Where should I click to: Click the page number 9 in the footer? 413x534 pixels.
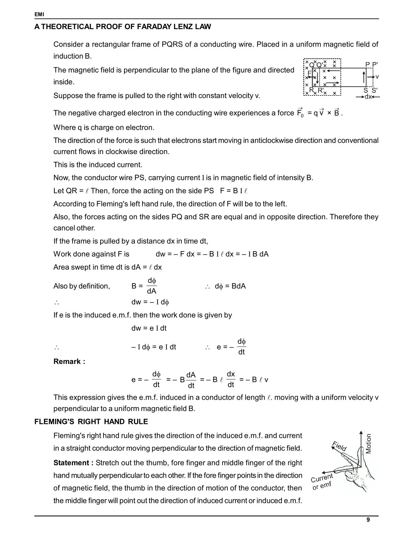click(x=368, y=520)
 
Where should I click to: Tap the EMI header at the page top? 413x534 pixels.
click(x=39, y=15)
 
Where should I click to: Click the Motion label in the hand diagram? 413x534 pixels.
click(x=369, y=444)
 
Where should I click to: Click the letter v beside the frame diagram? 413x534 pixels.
click(x=377, y=77)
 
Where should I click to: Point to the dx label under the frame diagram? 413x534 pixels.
click(x=368, y=97)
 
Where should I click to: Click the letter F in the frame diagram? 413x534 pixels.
click(x=309, y=73)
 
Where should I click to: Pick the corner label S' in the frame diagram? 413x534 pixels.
click(x=374, y=91)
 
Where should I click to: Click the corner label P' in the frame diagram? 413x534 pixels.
click(x=375, y=64)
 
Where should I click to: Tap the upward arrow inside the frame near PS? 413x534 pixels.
click(x=364, y=77)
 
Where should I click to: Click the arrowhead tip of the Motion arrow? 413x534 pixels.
click(x=361, y=432)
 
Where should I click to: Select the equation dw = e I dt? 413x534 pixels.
click(x=149, y=328)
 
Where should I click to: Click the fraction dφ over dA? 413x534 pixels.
click(x=152, y=286)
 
